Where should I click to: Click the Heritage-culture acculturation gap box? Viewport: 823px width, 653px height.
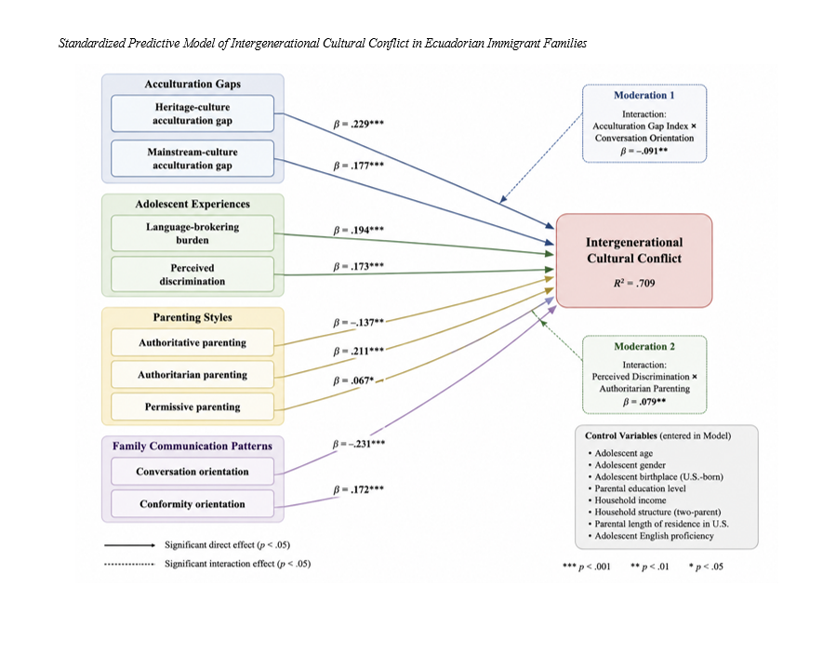pos(192,113)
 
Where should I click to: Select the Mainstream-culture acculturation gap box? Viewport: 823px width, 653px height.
pos(192,158)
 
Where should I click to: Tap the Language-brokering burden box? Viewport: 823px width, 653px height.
pos(192,233)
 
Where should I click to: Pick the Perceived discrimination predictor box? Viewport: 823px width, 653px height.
pos(192,274)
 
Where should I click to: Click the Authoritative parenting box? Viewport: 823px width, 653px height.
pos(192,342)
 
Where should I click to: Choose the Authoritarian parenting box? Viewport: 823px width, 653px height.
pos(192,374)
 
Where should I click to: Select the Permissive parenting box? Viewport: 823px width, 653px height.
pos(192,406)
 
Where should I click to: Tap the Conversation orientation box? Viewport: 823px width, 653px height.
pos(192,472)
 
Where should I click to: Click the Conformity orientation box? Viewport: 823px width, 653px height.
pos(192,504)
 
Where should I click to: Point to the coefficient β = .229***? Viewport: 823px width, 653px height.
pos(358,124)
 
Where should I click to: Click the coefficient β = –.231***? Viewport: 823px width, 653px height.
pos(358,444)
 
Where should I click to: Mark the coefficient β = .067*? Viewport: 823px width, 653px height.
pos(353,380)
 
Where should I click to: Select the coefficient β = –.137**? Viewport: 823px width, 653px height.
pos(358,322)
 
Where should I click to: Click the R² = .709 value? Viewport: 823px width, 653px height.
pos(634,283)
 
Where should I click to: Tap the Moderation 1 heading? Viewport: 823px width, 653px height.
pos(644,95)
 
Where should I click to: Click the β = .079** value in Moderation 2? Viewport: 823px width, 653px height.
pos(644,402)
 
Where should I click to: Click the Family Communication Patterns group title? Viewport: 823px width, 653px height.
pos(192,446)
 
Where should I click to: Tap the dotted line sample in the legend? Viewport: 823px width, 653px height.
pos(129,565)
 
